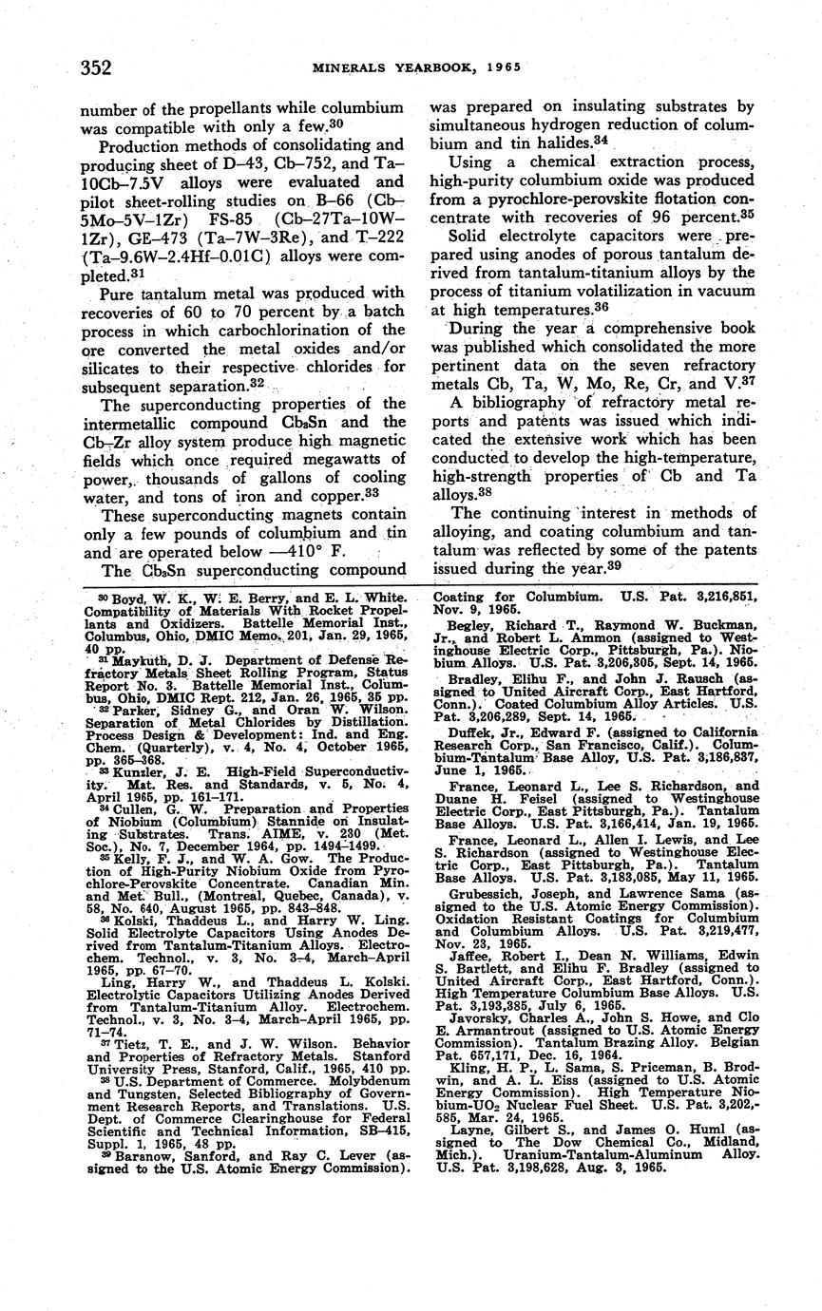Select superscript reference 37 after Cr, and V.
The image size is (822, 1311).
pos(751,381)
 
